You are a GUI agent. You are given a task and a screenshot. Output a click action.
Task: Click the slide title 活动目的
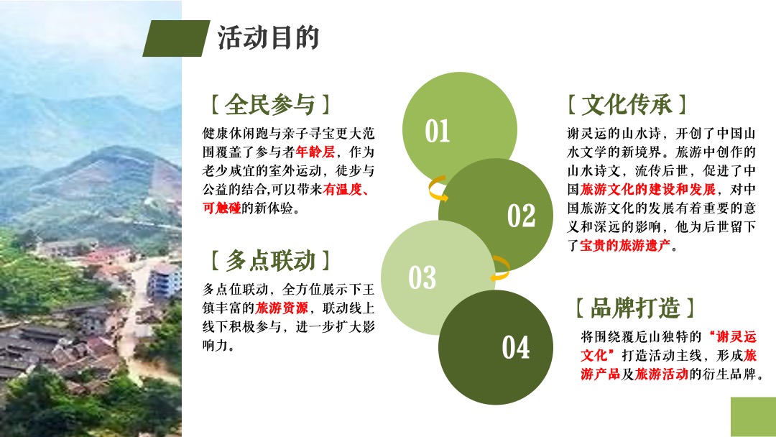coord(268,37)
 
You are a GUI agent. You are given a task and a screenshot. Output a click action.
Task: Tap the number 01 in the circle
coord(438,131)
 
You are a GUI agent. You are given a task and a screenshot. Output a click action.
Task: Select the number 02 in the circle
coord(522,216)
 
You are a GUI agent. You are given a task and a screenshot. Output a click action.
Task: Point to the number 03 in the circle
coord(422,277)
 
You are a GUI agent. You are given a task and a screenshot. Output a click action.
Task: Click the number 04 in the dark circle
coord(516,348)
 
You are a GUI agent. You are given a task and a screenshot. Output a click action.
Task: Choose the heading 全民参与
coord(269,105)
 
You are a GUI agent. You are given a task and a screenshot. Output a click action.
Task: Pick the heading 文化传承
coord(627,105)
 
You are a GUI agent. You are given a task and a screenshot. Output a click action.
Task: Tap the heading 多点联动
coord(270,260)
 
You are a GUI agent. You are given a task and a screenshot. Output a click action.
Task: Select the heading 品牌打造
coord(635,308)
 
